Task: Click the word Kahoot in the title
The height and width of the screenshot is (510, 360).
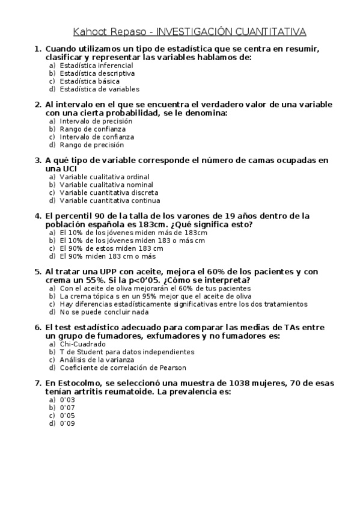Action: pyautogui.click(x=90, y=31)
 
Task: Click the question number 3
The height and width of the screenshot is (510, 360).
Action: pyautogui.click(x=37, y=161)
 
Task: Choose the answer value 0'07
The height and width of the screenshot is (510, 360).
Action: pyautogui.click(x=67, y=407)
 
